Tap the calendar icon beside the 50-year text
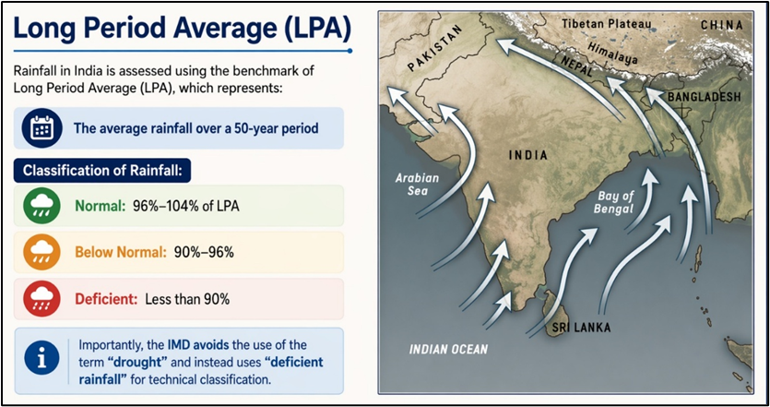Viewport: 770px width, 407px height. point(41,128)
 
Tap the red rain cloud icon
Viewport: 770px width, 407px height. point(41,299)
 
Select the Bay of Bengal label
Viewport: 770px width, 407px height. point(616,202)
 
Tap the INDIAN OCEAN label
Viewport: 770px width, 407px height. point(449,349)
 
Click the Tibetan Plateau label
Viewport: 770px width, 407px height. point(607,22)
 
